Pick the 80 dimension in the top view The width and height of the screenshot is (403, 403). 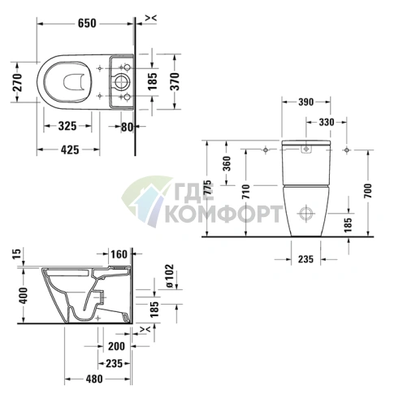click(x=126, y=127)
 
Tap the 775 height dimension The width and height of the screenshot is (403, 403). click(x=209, y=188)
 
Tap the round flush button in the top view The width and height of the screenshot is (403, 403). click(x=121, y=80)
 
